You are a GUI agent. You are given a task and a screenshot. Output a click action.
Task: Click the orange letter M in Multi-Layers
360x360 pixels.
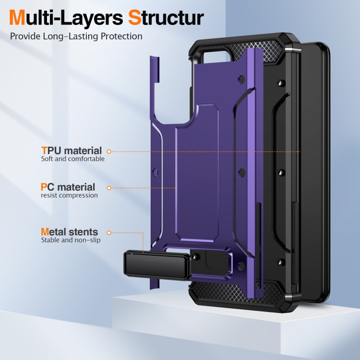tap(17, 17)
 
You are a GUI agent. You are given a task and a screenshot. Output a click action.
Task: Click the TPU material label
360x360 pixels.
tap(72, 151)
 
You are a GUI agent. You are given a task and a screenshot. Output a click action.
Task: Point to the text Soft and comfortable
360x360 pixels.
tap(73, 159)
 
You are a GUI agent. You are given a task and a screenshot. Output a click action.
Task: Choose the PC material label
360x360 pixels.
tap(68, 187)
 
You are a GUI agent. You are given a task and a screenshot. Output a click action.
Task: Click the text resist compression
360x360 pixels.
tap(69, 195)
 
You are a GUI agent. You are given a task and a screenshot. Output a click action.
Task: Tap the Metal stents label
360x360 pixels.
tap(69, 232)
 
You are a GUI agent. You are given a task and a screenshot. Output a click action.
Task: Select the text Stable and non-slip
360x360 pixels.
tap(71, 240)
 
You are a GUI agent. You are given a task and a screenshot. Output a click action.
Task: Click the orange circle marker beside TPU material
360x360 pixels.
tap(109, 152)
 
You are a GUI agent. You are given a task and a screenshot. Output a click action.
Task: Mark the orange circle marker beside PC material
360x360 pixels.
tap(109, 188)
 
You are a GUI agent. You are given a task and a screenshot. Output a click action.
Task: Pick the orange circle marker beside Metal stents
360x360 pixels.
tap(109, 233)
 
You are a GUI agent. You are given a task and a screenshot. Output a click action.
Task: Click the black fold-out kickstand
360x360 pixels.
tap(157, 266)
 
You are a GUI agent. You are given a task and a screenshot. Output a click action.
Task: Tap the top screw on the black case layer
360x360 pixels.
tap(280, 83)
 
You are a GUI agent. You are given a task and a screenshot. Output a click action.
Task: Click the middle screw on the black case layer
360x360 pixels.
tap(281, 173)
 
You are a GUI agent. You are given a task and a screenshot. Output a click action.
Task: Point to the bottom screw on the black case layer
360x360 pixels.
tap(280, 262)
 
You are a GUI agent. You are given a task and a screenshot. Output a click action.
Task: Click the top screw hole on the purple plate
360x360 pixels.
tap(241, 79)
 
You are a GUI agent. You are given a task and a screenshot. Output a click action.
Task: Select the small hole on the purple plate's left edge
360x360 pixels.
tap(156, 172)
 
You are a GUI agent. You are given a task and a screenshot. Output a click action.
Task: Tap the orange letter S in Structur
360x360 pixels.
tap(134, 17)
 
